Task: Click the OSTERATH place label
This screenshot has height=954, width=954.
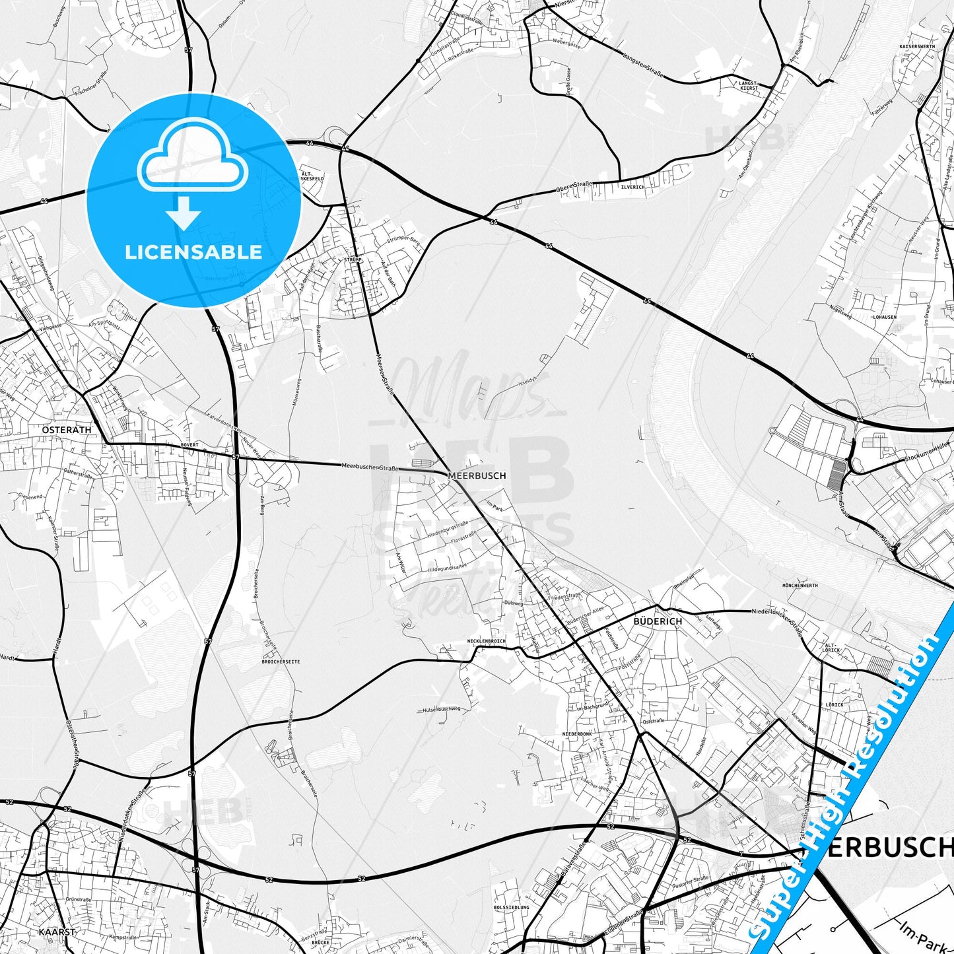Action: [66, 429]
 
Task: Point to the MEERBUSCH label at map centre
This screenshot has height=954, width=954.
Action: [477, 475]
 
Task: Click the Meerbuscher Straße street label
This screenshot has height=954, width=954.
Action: [370, 467]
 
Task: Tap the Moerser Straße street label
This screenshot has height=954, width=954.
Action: [384, 374]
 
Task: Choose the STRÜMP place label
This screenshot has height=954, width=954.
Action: [353, 260]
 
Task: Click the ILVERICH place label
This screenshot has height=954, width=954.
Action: [613, 187]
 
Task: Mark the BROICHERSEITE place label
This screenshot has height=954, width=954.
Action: [281, 661]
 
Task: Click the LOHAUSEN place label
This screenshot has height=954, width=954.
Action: [884, 317]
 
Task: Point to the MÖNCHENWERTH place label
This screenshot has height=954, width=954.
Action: [800, 586]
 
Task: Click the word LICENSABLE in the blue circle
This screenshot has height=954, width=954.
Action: [193, 252]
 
